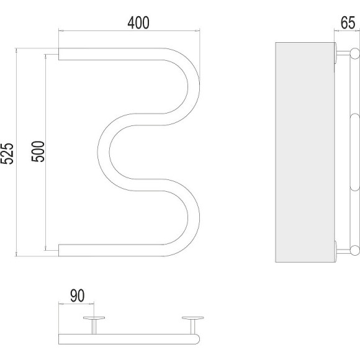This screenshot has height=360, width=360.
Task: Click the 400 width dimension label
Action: [138, 23]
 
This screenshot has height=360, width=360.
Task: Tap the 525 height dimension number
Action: [7, 153]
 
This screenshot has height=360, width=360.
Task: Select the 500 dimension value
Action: [38, 151]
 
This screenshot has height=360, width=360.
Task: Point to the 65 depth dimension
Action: [348, 23]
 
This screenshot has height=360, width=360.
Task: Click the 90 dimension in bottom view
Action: [78, 296]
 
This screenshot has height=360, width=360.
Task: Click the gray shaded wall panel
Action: [305, 152]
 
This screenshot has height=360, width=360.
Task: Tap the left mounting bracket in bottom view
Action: [94, 325]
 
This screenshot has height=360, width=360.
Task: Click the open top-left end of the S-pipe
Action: [59, 54]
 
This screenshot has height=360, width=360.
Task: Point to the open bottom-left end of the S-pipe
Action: [59, 250]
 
